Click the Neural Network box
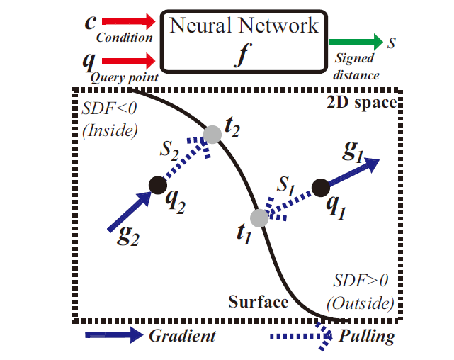tap(244, 40)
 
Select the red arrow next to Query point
tap(127, 61)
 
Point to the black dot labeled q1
tap(319, 187)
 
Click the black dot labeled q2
tap(157, 185)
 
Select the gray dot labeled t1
tap(259, 218)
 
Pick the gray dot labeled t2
tap(212, 134)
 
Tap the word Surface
tap(258, 303)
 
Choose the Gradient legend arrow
tap(113, 335)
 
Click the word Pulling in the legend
tap(366, 335)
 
